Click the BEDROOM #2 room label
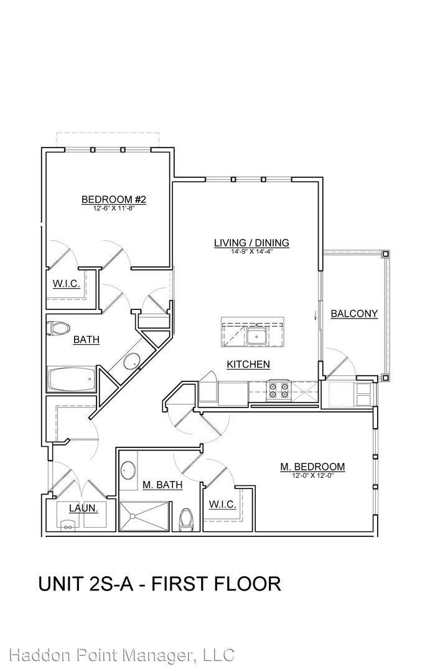click(x=113, y=199)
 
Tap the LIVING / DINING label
click(x=251, y=243)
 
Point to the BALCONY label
click(x=354, y=313)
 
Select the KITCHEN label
click(x=248, y=364)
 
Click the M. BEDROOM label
click(x=312, y=467)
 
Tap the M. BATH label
click(x=162, y=485)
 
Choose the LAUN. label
click(x=83, y=508)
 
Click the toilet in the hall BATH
click(x=58, y=329)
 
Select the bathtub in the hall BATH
click(x=72, y=380)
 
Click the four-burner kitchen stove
click(x=278, y=391)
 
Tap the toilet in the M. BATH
click(x=187, y=520)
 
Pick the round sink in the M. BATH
click(x=128, y=470)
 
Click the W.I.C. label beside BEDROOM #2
click(x=67, y=283)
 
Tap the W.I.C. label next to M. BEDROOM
click(x=222, y=505)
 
